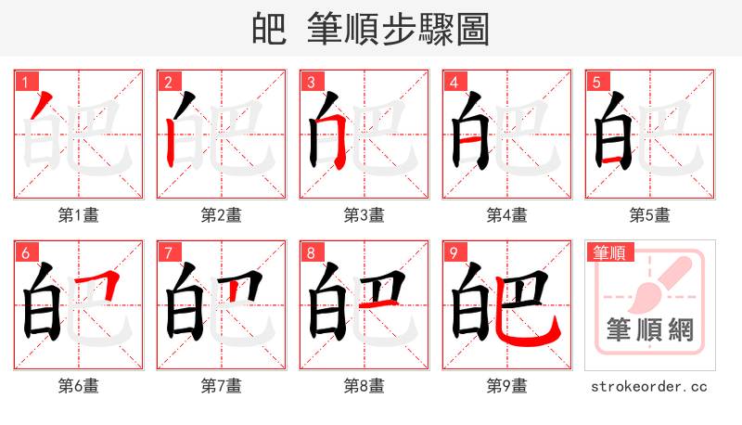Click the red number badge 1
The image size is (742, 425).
tap(24, 81)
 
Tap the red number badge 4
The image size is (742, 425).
tap(453, 81)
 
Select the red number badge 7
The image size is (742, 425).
tap(167, 251)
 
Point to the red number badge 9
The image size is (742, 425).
tap(453, 251)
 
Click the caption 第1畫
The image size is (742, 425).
tap(79, 215)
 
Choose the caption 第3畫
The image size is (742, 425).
tap(365, 215)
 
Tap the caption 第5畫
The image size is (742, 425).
tap(650, 215)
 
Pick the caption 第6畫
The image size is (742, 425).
tap(79, 386)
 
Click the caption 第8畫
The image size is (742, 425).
tap(365, 386)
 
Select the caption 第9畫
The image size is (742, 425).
tap(507, 386)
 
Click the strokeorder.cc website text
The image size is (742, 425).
tap(649, 386)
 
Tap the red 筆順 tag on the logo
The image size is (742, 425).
tap(608, 251)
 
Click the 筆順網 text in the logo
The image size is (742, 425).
tap(649, 331)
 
